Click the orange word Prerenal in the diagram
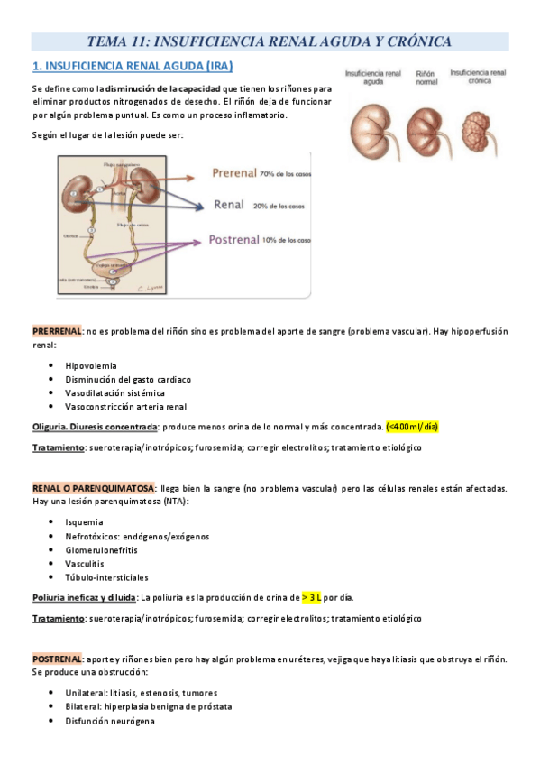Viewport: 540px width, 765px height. pos(233,172)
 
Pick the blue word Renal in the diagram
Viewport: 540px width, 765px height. pos(230,205)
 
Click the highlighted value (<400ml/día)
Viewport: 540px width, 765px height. pos(412,426)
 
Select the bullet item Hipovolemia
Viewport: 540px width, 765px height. pos(91,365)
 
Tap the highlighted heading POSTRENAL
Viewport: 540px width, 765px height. pos(57,659)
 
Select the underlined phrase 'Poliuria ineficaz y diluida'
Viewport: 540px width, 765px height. pos(84,597)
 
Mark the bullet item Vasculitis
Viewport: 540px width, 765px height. pos(86,563)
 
